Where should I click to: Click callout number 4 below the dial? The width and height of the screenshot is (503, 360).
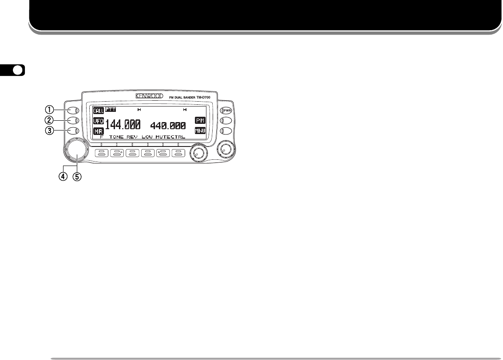pyautogui.click(x=65, y=176)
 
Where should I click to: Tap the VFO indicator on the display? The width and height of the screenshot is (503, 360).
pyautogui.click(x=98, y=121)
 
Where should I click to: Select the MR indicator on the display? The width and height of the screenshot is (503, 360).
pyautogui.click(x=98, y=131)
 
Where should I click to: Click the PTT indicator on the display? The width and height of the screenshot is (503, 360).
pyautogui.click(x=110, y=110)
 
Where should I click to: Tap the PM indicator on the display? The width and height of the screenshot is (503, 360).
pyautogui.click(x=200, y=121)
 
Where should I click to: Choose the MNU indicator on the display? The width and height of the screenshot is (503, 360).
pyautogui.click(x=200, y=131)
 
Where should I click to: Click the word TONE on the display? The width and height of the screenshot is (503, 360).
pyautogui.click(x=116, y=137)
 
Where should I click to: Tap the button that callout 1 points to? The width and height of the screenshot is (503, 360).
pyautogui.click(x=74, y=111)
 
